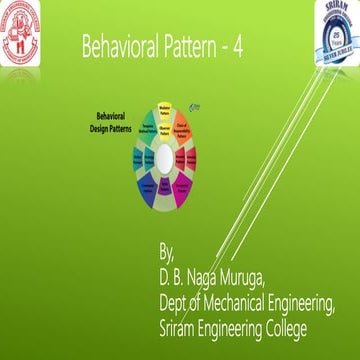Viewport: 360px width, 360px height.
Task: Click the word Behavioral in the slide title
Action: coord(118,48)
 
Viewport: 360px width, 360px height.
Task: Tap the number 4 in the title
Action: coord(238,48)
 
